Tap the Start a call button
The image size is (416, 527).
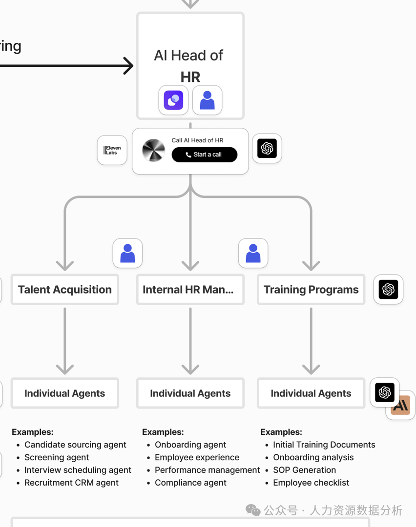coord(204,155)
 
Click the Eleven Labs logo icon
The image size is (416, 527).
coord(112,150)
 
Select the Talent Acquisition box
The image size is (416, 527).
coord(65,290)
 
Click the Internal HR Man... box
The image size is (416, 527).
coord(190,290)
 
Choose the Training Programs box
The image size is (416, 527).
coord(311,290)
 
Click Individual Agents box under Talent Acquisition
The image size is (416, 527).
coord(65,393)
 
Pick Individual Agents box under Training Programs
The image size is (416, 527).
coord(311,393)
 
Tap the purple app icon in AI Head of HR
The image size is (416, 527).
coord(173,100)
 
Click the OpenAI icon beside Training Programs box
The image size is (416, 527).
coord(388,290)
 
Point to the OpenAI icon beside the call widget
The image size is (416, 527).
coord(267,148)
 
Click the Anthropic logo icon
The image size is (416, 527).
coord(401,406)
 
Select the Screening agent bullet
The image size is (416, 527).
coord(57,457)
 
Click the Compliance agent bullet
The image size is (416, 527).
coord(190,483)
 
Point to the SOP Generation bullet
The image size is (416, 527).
coord(304,470)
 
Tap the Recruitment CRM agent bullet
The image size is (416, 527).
coord(71,483)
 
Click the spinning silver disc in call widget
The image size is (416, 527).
coord(153,150)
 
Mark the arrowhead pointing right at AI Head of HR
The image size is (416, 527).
coord(128,66)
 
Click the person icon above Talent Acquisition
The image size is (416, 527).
coord(127,254)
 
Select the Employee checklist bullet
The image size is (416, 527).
coord(311,483)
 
